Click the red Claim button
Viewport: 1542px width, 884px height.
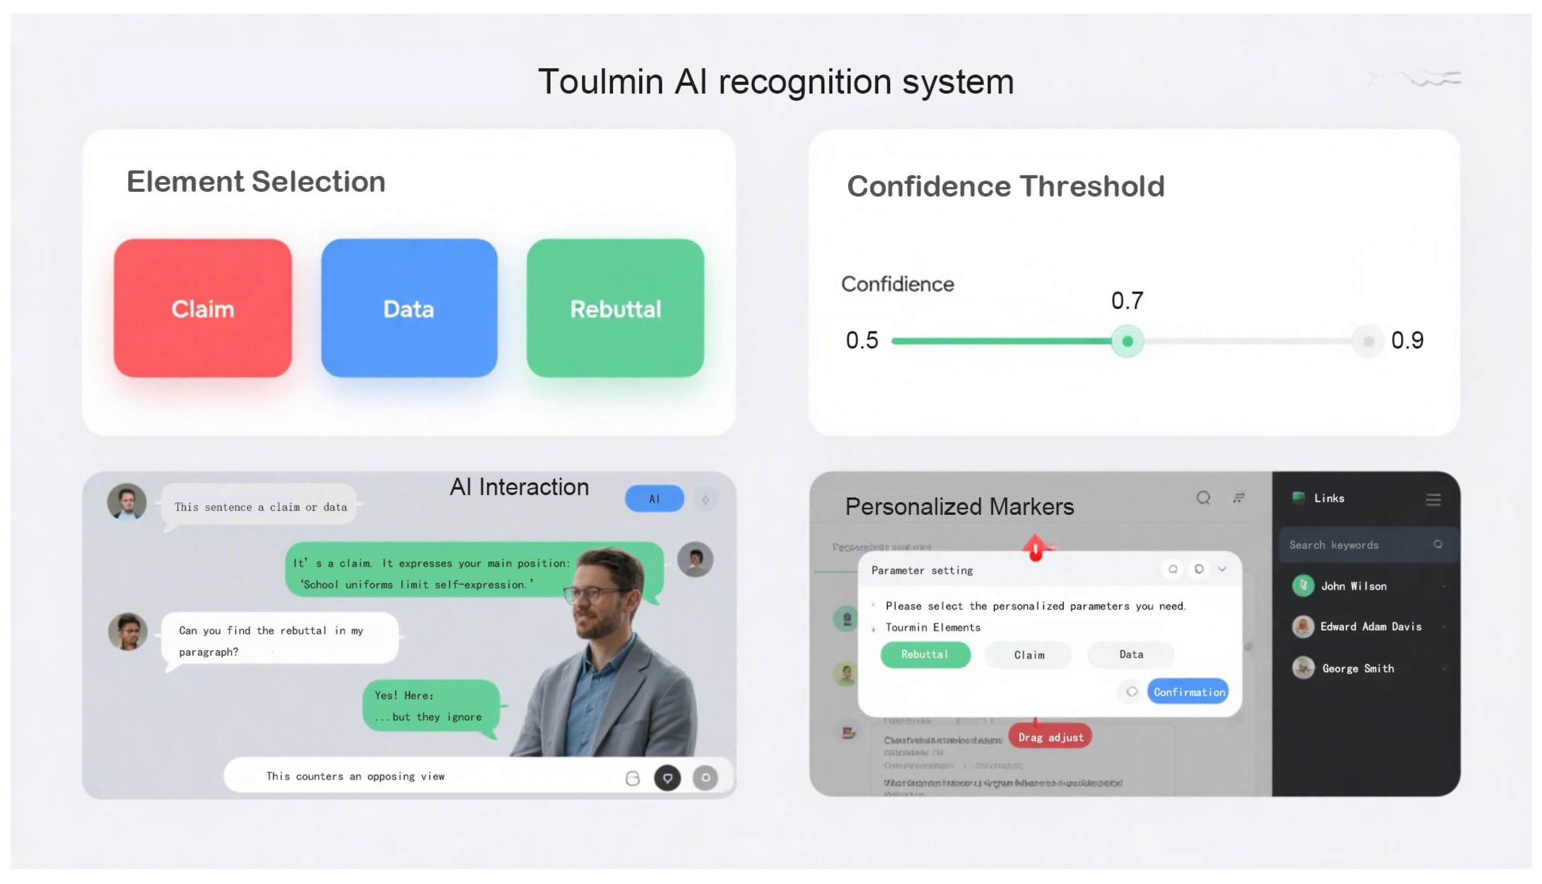click(x=202, y=308)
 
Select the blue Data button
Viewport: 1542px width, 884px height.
click(x=408, y=308)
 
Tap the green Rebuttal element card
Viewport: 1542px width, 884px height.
click(x=615, y=308)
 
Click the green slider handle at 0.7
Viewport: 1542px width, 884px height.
click(x=1127, y=341)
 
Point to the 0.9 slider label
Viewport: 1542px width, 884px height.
click(x=1407, y=340)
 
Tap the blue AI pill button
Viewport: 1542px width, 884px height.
click(x=654, y=499)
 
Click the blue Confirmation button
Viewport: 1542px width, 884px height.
click(x=1188, y=692)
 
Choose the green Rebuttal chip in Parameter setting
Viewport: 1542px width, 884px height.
click(x=924, y=654)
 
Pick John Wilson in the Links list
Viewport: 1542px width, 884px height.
click(x=1353, y=586)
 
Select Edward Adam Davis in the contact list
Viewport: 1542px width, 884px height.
click(x=1370, y=626)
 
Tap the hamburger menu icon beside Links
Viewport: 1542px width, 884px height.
click(x=1433, y=499)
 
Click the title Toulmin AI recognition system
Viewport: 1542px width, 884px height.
click(x=775, y=82)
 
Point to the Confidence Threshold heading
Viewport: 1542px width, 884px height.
click(x=1005, y=186)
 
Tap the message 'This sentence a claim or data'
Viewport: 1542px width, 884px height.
click(x=261, y=507)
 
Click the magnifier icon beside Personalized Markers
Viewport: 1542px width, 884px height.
click(x=1203, y=498)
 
